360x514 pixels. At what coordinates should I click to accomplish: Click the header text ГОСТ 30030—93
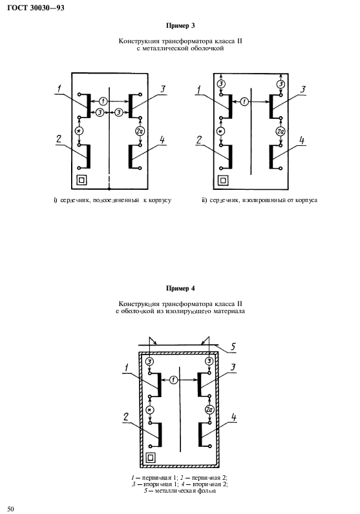point(36,8)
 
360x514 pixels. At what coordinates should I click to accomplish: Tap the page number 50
point(11,508)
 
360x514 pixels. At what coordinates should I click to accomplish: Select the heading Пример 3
point(180,26)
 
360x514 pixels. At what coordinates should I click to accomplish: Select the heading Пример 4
point(180,289)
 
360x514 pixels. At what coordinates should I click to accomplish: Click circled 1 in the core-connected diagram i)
point(103,101)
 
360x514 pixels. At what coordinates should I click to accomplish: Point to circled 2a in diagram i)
point(140,131)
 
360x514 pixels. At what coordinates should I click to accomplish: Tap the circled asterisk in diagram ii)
point(221,132)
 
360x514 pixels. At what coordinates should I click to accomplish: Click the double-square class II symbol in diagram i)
point(81,180)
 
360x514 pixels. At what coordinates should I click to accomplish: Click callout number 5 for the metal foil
point(233,347)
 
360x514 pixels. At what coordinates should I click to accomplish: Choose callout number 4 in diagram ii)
point(302,141)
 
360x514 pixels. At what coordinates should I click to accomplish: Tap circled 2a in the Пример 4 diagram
point(209,409)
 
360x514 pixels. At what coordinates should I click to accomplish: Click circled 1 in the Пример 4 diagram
point(174,380)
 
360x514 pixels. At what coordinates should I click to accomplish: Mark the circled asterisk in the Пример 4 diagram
point(150,410)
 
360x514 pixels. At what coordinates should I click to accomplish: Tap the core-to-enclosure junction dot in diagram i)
point(109,189)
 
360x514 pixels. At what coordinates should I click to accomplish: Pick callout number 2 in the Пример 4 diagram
point(126,417)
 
